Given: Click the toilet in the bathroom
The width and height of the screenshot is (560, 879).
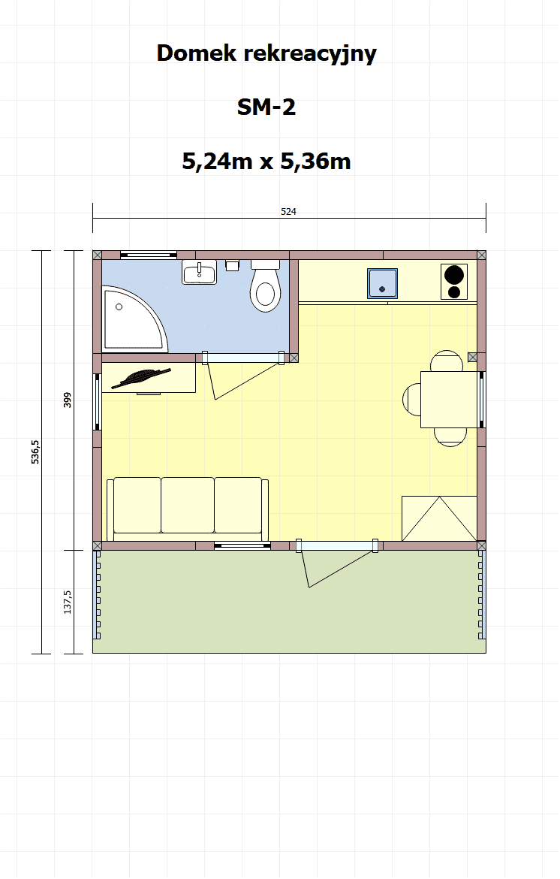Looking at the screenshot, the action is tap(265, 286).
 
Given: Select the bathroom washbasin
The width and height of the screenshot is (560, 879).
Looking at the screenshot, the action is tap(200, 273).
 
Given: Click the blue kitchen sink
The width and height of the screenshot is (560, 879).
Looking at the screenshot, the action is tap(383, 284).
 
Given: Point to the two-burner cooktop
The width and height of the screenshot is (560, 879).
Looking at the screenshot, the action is tap(453, 282).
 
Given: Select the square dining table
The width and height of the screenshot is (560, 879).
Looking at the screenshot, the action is tap(449, 400).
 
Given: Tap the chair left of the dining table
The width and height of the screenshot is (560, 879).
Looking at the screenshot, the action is tap(411, 399).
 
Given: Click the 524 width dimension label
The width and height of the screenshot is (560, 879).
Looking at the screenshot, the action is tap(288, 212).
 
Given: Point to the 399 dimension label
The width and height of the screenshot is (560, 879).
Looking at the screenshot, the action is tap(68, 400).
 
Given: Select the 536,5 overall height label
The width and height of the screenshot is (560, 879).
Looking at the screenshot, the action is tap(35, 452).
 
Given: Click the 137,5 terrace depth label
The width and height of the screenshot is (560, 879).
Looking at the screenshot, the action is tap(68, 602).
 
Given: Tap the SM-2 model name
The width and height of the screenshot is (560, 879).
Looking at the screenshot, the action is tap(266, 107).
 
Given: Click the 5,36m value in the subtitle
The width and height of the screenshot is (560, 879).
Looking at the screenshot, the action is tap(315, 162).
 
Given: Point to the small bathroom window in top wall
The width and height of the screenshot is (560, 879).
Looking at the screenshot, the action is tap(149, 255).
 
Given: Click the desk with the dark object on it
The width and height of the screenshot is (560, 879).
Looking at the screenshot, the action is tap(149, 378).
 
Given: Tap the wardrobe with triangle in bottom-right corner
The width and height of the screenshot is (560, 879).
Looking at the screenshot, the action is tap(439, 518).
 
